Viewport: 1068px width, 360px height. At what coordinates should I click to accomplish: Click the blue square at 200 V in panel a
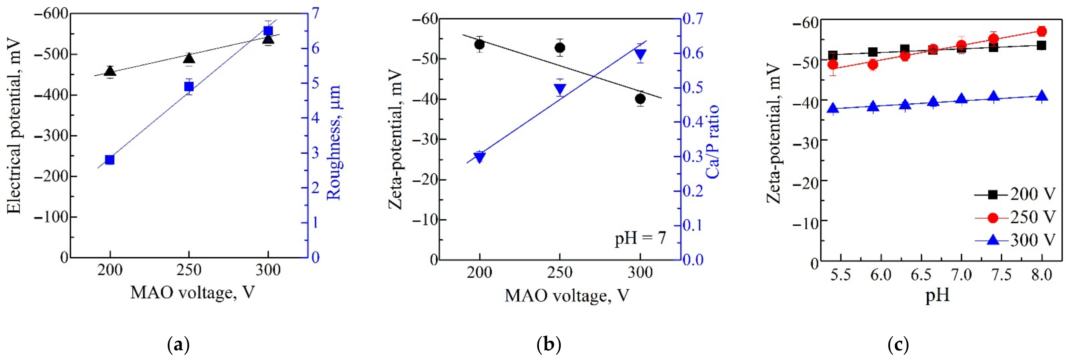coord(109,160)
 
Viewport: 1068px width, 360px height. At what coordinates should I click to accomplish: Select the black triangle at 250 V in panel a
coord(189,58)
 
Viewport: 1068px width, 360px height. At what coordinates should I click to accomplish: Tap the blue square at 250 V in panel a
coord(189,86)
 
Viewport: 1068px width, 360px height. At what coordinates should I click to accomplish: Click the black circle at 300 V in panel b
coord(640,99)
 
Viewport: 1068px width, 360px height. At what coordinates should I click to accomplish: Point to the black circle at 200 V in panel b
coord(480,44)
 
